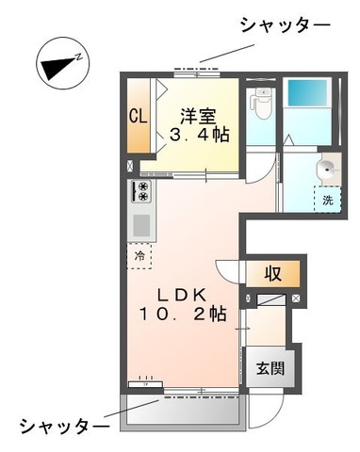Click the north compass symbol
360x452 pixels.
click(x=63, y=63)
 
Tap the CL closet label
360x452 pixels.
click(x=139, y=116)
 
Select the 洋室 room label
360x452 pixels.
click(x=198, y=117)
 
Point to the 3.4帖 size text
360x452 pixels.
click(x=199, y=135)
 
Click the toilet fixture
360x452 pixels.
click(x=261, y=104)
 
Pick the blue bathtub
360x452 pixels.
click(x=307, y=93)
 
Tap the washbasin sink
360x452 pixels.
click(x=328, y=169)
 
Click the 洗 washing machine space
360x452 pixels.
click(x=328, y=200)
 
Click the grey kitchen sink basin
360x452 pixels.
click(x=141, y=225)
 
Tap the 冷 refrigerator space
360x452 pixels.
click(x=139, y=256)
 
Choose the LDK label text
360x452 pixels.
click(x=182, y=295)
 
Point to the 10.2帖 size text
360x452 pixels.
click(x=183, y=314)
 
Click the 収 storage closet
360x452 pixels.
click(x=272, y=274)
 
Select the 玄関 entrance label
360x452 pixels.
click(x=270, y=368)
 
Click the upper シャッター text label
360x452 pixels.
click(x=286, y=25)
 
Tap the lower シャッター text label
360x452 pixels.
click(x=64, y=427)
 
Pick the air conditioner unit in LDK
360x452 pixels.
click(x=145, y=383)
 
